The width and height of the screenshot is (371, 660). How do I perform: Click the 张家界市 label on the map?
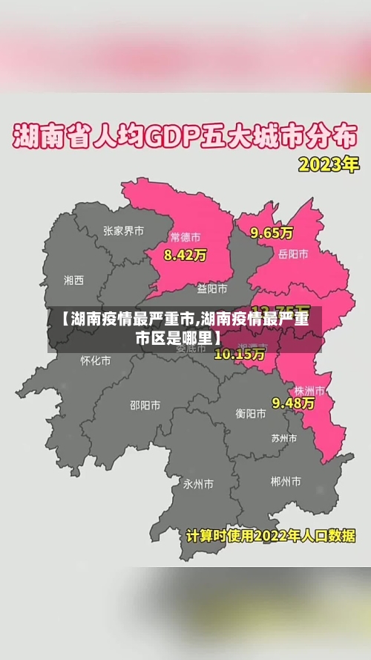tap(124, 231)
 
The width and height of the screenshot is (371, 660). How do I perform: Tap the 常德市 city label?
tap(185, 238)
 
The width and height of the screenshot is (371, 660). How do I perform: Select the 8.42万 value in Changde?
tap(185, 255)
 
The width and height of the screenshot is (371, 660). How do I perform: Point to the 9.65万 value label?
tap(272, 233)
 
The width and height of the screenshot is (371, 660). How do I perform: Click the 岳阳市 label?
tap(293, 254)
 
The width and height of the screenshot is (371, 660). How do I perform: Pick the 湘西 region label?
tap(74, 280)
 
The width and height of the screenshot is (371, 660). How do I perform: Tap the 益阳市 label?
tap(212, 288)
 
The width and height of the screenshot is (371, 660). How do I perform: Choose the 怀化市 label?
tap(96, 360)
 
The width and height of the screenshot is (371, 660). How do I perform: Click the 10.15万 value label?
tap(239, 354)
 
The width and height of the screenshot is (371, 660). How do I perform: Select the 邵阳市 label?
tap(145, 405)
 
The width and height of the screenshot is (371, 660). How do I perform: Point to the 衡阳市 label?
tap(251, 413)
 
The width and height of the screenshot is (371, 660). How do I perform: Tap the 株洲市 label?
tap(309, 390)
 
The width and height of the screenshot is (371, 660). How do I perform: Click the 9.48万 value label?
tap(293, 403)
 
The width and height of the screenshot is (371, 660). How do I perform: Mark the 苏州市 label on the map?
tap(285, 438)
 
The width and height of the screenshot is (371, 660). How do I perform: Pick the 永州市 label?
tap(199, 484)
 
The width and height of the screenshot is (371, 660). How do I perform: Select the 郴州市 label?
tap(286, 482)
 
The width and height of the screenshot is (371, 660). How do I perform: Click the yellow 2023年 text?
tap(328, 164)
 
